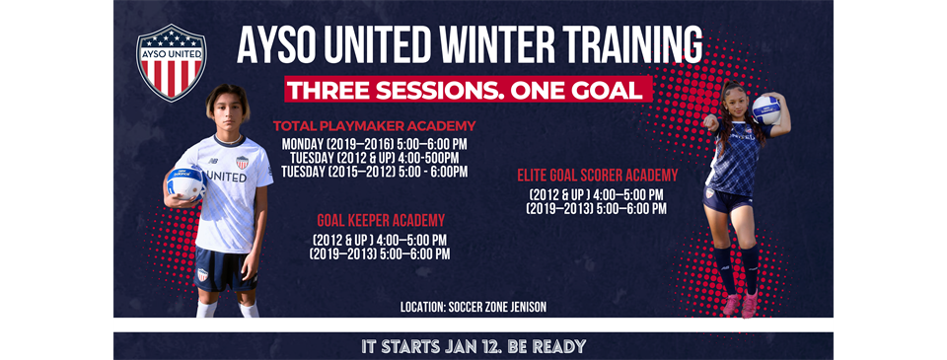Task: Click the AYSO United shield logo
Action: [171, 62]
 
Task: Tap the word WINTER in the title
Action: [502, 44]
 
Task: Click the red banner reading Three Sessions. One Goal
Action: [469, 89]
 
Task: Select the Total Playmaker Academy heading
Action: [374, 126]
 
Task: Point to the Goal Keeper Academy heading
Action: [380, 220]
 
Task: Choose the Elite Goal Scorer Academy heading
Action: [598, 175]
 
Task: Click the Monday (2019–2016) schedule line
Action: [374, 143]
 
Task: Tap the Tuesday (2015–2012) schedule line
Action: [374, 171]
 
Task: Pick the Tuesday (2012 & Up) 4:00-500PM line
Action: [374, 157]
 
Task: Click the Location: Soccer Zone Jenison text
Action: [473, 308]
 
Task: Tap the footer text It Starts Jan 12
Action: [473, 346]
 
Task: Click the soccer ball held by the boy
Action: [186, 181]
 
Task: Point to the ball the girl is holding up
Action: [765, 108]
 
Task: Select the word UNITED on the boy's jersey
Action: [227, 177]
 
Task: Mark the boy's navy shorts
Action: [226, 268]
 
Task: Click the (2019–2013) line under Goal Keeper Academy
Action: [380, 253]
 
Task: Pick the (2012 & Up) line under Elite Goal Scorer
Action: [597, 193]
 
